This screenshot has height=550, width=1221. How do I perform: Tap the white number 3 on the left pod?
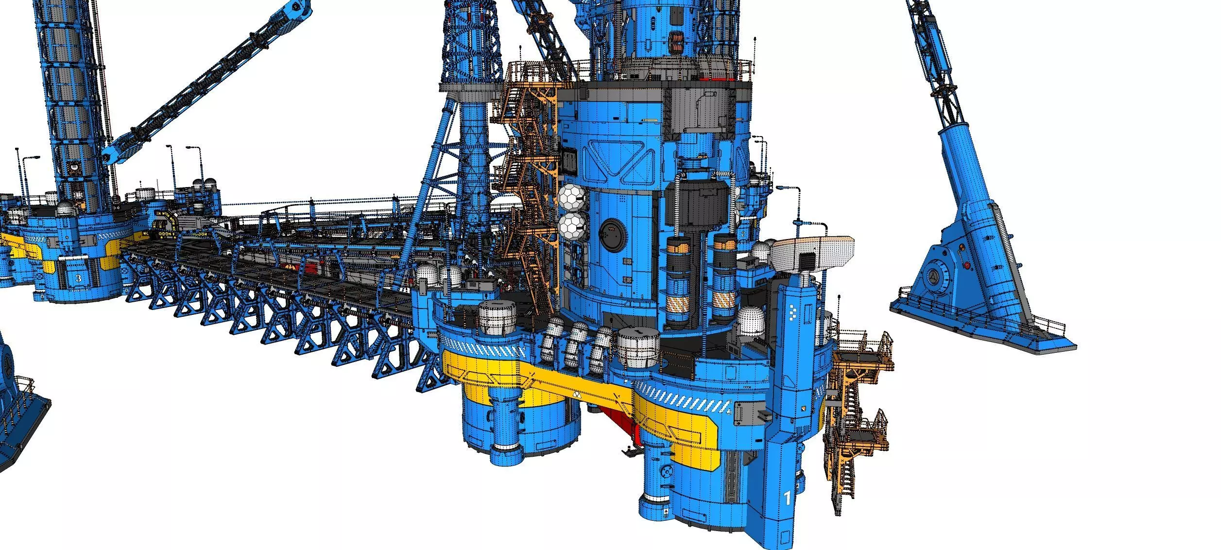(x=79, y=278)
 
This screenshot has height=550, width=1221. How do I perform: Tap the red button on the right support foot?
(x=967, y=265)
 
